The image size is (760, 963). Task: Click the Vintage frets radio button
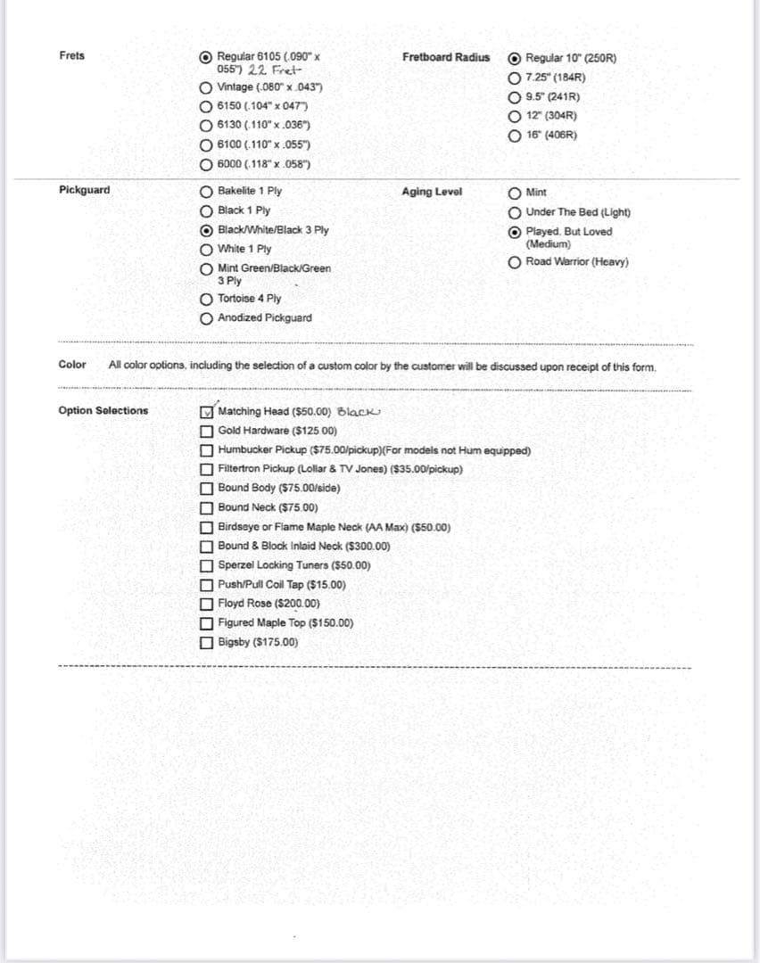206,87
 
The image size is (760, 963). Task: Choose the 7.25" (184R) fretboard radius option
515,78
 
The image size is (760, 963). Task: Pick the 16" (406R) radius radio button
515,136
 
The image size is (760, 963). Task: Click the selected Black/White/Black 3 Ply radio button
206,230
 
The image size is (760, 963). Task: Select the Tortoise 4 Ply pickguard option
206,300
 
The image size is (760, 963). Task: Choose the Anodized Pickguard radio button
206,318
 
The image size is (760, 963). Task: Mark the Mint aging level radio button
515,193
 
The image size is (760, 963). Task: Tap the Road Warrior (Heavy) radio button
515,262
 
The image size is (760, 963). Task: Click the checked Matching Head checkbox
207,412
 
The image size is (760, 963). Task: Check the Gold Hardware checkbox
207,431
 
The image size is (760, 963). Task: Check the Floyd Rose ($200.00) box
207,604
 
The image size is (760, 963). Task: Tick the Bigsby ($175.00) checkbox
207,642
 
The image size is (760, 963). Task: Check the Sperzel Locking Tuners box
207,565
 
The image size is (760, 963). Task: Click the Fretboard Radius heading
446,57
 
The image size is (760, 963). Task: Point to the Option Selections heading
103,411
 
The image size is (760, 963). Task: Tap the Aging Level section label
432,192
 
